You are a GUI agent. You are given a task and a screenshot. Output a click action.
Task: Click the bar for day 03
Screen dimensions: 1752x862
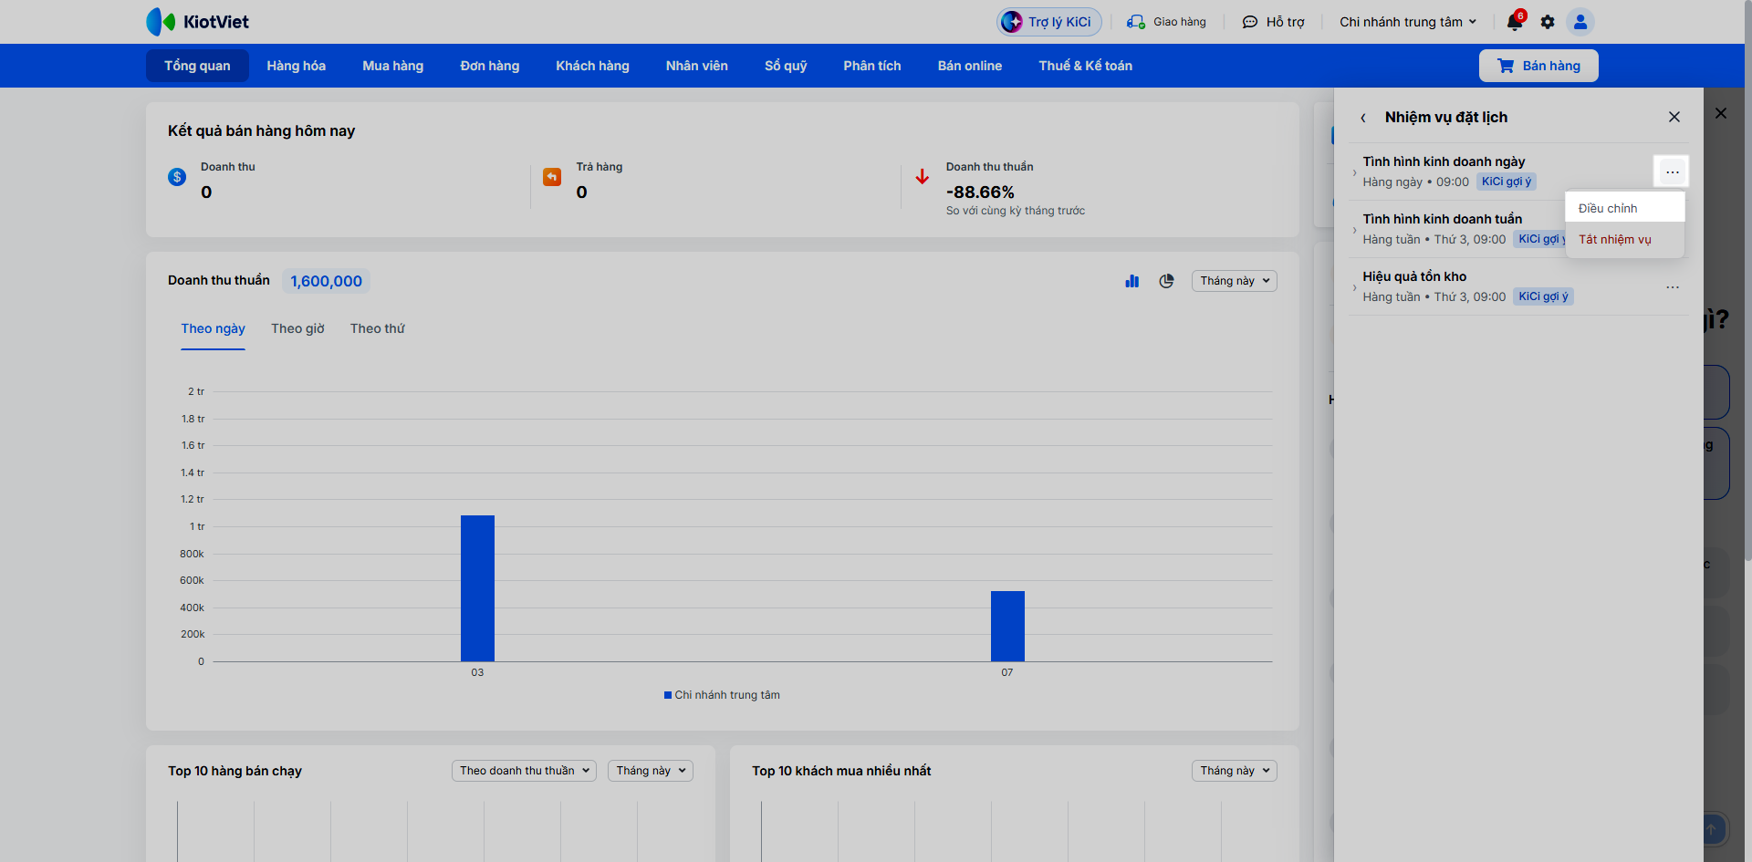point(477,588)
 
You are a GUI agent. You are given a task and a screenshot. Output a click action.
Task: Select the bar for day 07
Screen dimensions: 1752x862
point(1007,626)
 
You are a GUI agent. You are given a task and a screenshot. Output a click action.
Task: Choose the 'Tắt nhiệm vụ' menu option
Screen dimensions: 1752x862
point(1615,240)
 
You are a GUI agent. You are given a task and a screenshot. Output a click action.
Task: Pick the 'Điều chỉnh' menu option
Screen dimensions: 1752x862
point(1608,208)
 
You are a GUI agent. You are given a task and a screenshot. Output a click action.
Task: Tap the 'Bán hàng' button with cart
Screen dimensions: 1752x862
point(1538,66)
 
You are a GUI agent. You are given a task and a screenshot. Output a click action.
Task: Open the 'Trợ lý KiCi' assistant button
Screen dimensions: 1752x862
point(1049,22)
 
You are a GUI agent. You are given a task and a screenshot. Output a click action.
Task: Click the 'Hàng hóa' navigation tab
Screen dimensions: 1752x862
point(297,66)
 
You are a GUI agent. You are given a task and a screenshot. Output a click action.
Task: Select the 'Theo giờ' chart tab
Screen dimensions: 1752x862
point(297,328)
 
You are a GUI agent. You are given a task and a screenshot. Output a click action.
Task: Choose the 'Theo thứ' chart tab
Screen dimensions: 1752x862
point(378,328)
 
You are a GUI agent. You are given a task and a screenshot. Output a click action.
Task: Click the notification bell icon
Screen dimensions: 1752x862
point(1515,22)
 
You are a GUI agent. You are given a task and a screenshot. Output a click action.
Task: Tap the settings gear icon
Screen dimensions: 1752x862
point(1548,22)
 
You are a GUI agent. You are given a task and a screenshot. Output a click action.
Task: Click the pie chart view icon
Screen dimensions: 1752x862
point(1166,281)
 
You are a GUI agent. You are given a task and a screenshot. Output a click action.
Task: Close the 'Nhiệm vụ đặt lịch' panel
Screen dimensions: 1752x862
point(1674,117)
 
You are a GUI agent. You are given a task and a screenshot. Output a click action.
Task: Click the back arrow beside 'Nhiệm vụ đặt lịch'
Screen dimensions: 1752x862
point(1363,118)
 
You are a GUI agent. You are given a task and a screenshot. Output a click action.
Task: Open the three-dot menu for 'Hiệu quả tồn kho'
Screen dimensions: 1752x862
point(1673,287)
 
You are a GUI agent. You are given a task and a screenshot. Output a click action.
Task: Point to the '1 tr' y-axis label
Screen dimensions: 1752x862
point(197,526)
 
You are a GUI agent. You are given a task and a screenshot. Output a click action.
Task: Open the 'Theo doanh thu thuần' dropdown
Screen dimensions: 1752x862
point(524,771)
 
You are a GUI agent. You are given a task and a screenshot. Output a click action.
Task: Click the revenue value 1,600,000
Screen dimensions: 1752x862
point(326,281)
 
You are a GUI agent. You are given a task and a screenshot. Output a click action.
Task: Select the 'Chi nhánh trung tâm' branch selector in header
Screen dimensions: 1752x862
point(1408,22)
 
